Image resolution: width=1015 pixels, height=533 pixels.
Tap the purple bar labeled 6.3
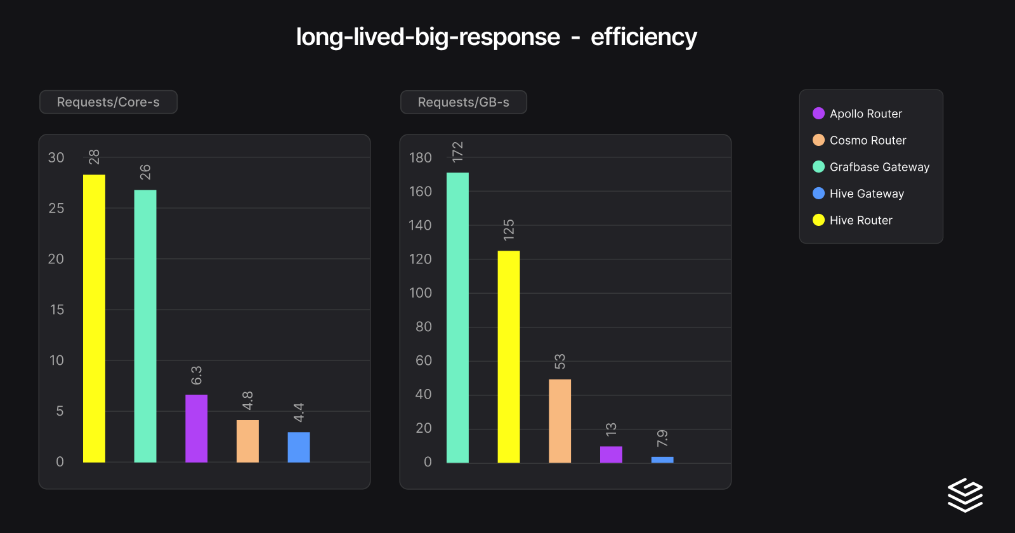pos(197,428)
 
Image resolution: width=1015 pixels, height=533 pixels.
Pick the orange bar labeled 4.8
pos(247,441)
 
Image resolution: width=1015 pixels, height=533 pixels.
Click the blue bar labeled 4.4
pos(299,447)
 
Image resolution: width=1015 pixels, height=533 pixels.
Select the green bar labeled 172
pos(457,317)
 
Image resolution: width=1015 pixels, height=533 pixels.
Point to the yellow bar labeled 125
pos(509,357)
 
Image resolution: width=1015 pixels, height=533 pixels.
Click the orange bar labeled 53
pos(560,421)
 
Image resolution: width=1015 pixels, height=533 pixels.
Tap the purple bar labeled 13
pos(611,454)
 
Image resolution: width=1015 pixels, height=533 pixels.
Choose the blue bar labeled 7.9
pos(662,459)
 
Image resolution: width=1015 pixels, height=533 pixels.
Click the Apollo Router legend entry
pos(865,114)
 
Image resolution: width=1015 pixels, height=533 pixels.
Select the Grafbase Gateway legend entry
pos(879,167)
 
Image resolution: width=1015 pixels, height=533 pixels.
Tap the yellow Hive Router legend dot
pos(818,220)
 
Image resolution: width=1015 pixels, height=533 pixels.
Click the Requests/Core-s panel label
pos(108,102)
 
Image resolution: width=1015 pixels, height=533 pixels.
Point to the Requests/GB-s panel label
pos(464,102)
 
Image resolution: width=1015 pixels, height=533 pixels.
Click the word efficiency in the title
pos(643,37)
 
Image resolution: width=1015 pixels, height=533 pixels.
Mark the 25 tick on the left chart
pos(56,208)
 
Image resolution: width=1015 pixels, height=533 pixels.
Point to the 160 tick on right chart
pos(420,192)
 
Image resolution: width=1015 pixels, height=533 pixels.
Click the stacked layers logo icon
pos(965,495)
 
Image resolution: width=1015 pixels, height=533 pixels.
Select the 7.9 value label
pos(662,438)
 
